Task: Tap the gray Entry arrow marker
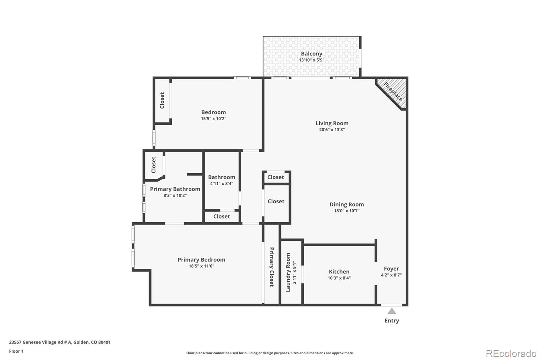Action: [391, 311]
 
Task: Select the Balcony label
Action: [312, 54]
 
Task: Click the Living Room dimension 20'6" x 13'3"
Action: [332, 130]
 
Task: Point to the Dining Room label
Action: [347, 204]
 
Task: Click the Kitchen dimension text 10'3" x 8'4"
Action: [339, 278]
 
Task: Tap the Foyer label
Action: [391, 269]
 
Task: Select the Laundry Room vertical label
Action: [288, 273]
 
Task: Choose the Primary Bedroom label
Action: [201, 260]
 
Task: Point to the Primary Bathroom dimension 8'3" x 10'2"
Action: [175, 195]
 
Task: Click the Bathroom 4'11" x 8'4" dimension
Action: [221, 184]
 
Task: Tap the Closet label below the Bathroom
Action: [221, 216]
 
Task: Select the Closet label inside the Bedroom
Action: [162, 100]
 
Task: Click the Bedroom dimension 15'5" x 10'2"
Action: [213, 119]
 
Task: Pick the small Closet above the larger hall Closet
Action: [276, 177]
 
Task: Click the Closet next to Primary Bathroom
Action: [154, 165]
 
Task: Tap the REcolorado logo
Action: [511, 353]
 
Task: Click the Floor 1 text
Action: [16, 351]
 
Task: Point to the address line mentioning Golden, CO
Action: [60, 342]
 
